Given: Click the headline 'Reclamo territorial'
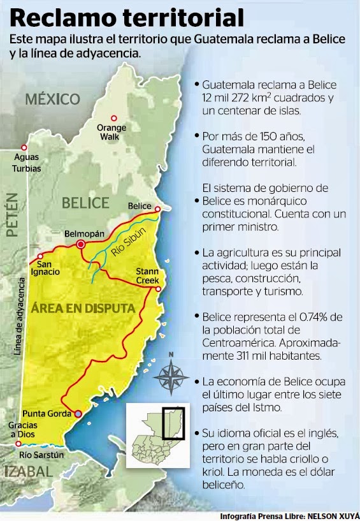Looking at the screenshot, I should [x=127, y=17].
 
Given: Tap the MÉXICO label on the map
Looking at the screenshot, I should [x=53, y=99].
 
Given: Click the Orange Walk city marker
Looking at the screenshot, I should [x=114, y=118].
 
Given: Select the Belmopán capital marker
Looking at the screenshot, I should [x=81, y=244].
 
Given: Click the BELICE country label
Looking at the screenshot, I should [x=85, y=203].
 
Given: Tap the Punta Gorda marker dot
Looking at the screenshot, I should [x=78, y=414].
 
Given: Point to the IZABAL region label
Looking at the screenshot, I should [x=27, y=472].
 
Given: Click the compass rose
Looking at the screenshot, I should [x=170, y=376].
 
